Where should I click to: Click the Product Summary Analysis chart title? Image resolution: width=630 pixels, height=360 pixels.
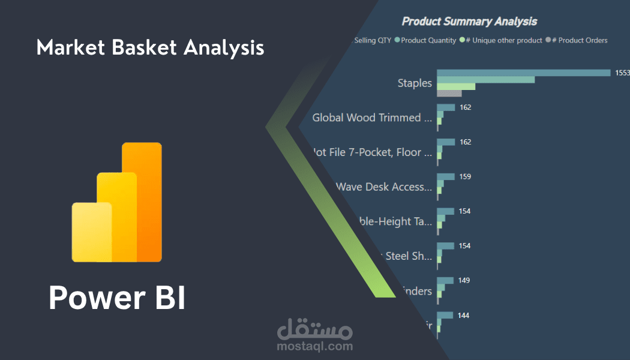[x=469, y=22]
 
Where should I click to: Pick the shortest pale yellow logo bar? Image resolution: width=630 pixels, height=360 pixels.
[x=92, y=232]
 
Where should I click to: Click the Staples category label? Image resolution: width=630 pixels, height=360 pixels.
[x=415, y=83]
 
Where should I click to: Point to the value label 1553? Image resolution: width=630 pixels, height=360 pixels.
[x=622, y=73]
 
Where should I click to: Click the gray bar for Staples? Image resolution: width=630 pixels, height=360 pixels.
[x=449, y=94]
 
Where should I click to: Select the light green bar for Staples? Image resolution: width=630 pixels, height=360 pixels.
[x=456, y=86]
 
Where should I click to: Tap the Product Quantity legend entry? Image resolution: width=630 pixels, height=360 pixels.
[x=428, y=40]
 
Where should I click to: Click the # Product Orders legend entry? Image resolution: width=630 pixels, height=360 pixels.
[x=579, y=40]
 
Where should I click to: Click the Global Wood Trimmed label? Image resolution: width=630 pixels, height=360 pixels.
[x=372, y=118]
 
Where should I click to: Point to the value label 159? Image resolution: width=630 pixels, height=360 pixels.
[x=465, y=177]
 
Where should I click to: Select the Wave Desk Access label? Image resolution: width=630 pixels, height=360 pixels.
[x=384, y=187]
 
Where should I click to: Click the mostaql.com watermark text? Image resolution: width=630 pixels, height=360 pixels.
[x=315, y=346]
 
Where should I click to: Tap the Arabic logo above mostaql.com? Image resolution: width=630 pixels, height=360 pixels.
[x=315, y=329]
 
